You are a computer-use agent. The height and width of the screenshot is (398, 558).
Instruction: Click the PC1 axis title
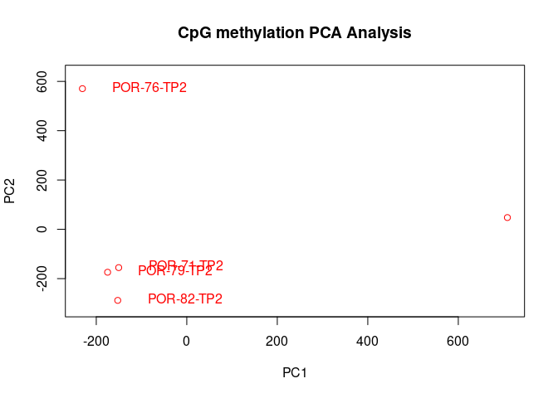click(x=295, y=373)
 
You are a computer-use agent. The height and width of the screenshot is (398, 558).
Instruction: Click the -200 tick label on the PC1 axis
click(x=96, y=341)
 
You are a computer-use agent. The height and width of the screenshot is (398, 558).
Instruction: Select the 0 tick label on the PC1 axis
click(x=187, y=341)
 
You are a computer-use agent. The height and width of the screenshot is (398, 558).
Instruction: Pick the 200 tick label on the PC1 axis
click(x=277, y=341)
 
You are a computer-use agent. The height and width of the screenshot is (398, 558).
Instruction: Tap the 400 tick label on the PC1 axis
click(x=367, y=341)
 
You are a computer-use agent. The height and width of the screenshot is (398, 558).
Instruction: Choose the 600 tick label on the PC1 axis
click(x=458, y=341)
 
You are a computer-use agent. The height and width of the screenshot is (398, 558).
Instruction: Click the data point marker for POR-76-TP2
click(x=82, y=89)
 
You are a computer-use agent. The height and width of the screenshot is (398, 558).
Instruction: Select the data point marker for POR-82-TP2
click(x=118, y=300)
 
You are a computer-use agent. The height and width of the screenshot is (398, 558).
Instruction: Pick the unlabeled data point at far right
click(x=507, y=217)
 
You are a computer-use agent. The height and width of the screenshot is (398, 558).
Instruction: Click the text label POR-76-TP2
click(x=149, y=88)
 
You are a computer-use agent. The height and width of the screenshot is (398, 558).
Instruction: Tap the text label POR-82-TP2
click(x=185, y=299)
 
